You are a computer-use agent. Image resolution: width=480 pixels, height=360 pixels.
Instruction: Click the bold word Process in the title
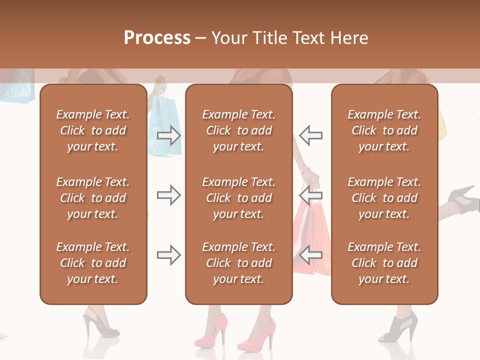tap(157, 38)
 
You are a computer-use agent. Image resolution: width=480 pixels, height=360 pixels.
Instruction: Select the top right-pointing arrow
tap(169, 135)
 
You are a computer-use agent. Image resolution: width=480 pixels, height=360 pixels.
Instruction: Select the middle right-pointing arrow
tap(169, 195)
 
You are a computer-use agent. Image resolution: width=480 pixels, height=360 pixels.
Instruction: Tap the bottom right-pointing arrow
tap(169, 255)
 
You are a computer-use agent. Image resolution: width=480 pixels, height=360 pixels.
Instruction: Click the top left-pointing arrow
tap(311, 135)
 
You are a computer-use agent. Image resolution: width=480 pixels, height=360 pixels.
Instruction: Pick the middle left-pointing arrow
tap(311, 195)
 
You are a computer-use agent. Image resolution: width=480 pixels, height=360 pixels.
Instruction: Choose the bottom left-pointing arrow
tap(311, 255)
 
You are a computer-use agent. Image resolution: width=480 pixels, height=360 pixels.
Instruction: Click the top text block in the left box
tap(93, 130)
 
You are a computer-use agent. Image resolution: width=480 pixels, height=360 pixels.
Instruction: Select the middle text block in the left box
tap(93, 198)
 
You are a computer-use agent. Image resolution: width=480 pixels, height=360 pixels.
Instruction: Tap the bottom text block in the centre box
tap(238, 263)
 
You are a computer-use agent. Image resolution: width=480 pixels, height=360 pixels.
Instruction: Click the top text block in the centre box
tap(238, 130)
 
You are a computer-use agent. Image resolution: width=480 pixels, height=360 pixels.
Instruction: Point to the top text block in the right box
tap(384, 130)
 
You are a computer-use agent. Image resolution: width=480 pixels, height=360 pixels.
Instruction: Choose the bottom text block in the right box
tap(384, 263)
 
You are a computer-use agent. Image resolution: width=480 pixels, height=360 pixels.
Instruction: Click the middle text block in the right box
tap(384, 198)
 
